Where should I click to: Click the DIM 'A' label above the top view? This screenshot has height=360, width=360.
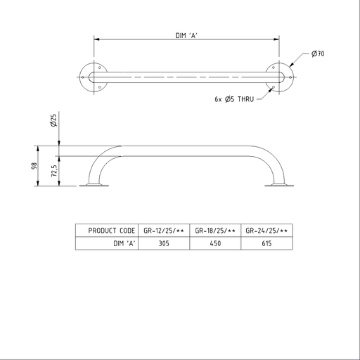(186, 35)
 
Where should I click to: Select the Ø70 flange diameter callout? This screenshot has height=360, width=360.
(318, 53)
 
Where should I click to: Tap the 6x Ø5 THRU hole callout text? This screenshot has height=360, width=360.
(234, 99)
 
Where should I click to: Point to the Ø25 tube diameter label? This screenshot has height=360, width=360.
(53, 120)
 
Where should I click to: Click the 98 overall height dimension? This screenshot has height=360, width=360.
(34, 166)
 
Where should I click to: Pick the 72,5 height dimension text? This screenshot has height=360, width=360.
(54, 170)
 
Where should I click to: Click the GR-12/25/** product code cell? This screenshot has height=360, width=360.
(164, 231)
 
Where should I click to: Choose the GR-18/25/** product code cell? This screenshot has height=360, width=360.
(215, 231)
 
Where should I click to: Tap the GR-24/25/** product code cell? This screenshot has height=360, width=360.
(266, 231)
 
